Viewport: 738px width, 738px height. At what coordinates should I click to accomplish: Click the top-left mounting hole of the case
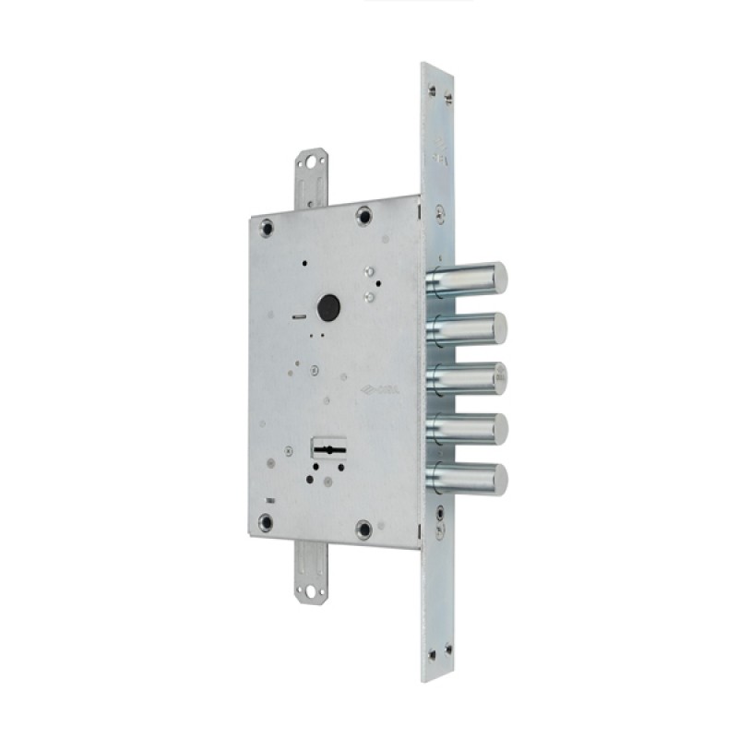[267, 223]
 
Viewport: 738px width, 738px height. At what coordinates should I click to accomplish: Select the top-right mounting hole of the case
[364, 216]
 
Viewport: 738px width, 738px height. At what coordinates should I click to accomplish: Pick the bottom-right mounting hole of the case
[363, 530]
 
